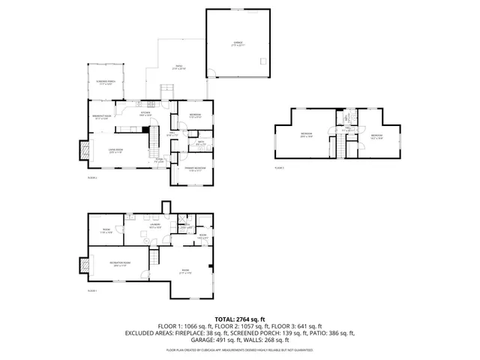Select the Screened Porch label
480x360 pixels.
(106, 82)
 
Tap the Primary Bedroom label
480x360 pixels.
(196, 169)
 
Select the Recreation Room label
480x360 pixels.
(119, 263)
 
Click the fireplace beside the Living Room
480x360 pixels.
(83, 150)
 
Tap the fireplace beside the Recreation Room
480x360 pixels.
(83, 265)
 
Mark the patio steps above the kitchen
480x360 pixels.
(167, 94)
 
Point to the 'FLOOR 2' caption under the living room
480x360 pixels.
(92, 178)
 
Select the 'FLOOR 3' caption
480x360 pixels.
(279, 168)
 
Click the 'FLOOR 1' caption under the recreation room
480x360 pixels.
(92, 289)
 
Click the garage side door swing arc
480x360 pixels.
(213, 73)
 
